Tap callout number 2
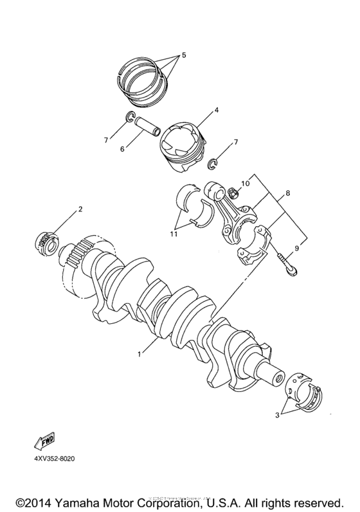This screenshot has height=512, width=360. tap(80, 209)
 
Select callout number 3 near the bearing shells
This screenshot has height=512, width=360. tap(279, 416)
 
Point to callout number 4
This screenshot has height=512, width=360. tap(217, 110)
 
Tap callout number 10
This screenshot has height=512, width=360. tap(245, 184)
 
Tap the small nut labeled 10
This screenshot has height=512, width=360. tap(231, 191)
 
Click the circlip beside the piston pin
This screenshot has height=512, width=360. tap(128, 117)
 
